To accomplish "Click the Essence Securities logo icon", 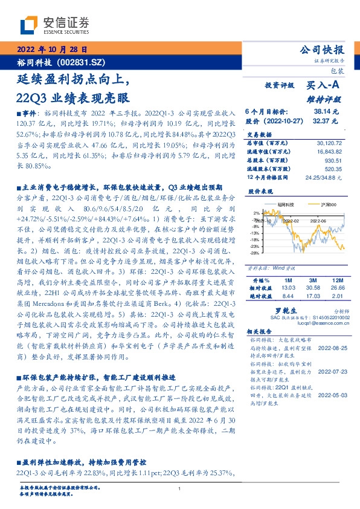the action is [30, 25].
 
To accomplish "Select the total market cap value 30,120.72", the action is [330, 143].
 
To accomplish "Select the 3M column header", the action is [313, 298].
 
